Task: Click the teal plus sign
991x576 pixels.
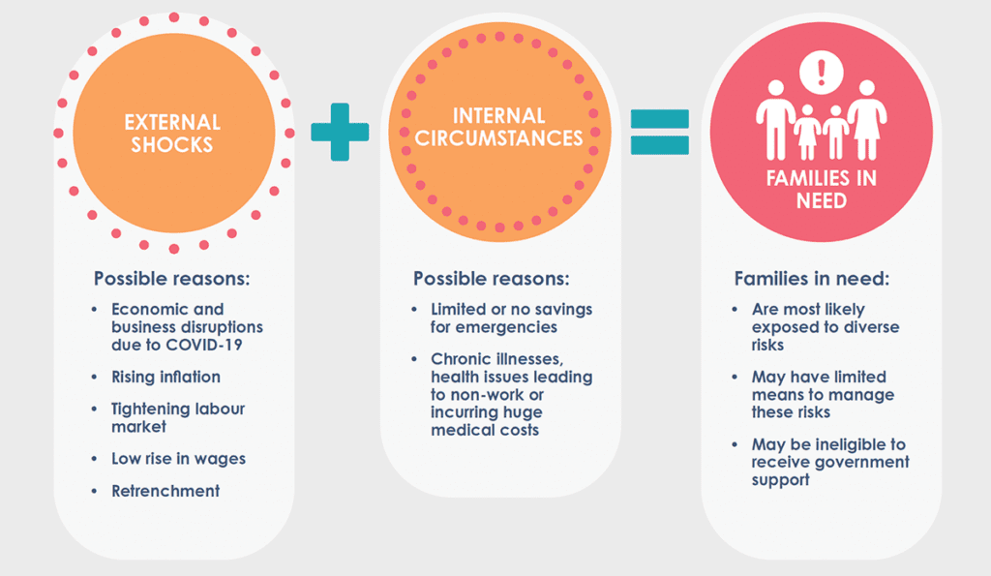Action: point(340,132)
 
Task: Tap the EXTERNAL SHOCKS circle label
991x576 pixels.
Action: point(172,134)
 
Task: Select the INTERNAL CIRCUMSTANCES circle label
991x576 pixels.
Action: point(499,127)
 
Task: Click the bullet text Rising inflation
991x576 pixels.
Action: point(165,377)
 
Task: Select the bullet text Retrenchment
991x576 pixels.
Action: point(165,491)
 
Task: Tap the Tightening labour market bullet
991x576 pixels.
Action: point(178,417)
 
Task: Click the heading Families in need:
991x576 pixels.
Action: point(811,279)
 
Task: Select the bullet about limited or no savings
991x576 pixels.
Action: point(511,318)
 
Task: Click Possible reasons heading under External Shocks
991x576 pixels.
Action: point(171,279)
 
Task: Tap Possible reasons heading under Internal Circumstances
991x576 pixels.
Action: point(492,279)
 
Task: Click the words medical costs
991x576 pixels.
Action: point(485,429)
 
